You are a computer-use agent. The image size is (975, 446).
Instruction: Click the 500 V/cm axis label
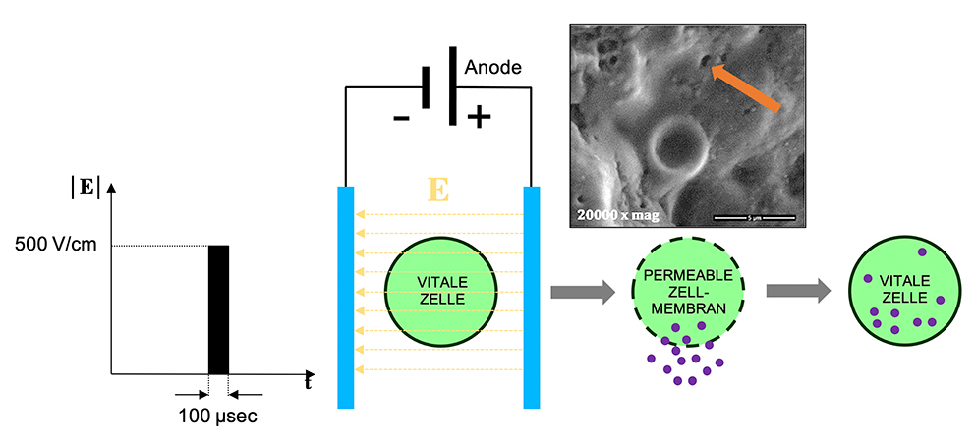pyautogui.click(x=56, y=245)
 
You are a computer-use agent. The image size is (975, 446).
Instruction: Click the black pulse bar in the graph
pyautogui.click(x=218, y=308)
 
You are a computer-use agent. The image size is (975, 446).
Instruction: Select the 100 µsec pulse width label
pyautogui.click(x=217, y=417)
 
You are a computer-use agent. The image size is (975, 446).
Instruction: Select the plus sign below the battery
pyautogui.click(x=479, y=118)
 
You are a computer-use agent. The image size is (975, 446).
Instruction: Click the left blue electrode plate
pyautogui.click(x=346, y=295)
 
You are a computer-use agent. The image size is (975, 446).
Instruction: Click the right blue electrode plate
pyautogui.click(x=532, y=295)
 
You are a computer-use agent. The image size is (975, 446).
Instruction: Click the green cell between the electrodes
pyautogui.click(x=441, y=285)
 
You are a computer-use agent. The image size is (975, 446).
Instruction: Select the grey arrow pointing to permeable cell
pyautogui.click(x=582, y=291)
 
